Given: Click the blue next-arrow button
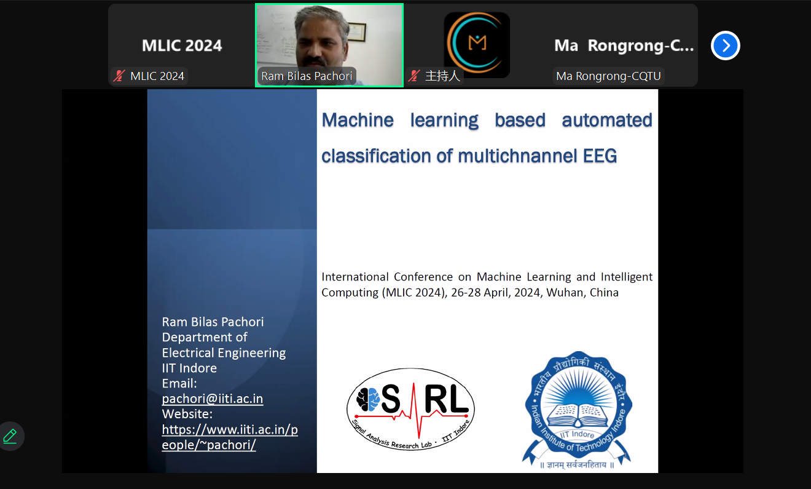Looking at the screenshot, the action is point(725,46).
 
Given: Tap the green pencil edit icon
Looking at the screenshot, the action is point(10,436).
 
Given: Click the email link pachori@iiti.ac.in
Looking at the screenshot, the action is point(213,399).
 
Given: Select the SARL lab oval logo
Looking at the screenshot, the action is point(410,409).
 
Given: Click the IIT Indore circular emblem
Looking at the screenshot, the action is point(578,410).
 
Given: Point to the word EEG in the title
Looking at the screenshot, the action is point(600,156).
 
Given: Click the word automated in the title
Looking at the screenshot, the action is point(607,121).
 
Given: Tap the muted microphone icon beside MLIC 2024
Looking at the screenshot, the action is point(119,76).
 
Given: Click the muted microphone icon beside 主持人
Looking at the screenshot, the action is point(414,76).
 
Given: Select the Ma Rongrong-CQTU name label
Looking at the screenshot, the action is point(608,76).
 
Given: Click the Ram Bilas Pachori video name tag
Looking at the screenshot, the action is point(307,76).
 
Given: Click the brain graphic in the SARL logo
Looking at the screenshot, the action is point(368,399).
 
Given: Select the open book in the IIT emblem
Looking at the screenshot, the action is point(578,415).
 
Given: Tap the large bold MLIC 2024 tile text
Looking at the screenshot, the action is point(182,46).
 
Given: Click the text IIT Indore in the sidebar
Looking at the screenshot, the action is point(189,368).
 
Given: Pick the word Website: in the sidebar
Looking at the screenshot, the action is point(187,414).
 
